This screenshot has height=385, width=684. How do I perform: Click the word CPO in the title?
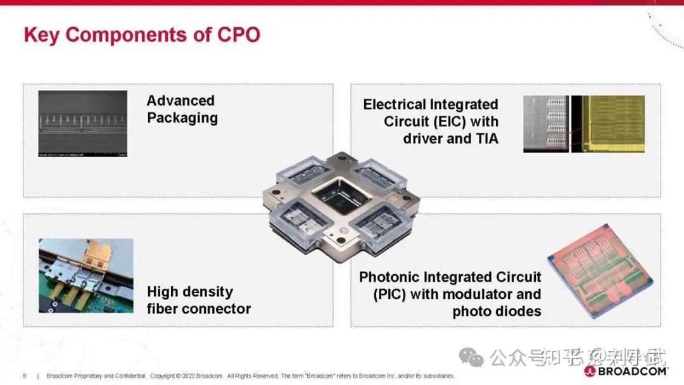coord(238,34)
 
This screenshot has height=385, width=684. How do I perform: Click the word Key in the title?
coord(42,34)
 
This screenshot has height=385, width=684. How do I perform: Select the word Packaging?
coord(182,118)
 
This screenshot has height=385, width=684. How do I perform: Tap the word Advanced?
coord(180,101)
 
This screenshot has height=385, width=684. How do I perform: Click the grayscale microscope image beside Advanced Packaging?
coord(82,123)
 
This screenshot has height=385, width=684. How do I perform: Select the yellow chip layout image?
coord(609,124)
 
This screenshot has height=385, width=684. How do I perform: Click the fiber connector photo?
coord(86,275)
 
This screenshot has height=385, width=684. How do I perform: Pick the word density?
coord(206,292)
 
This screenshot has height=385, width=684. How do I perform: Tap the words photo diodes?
coord(497,312)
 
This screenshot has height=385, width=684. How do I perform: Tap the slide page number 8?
coord(25,376)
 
